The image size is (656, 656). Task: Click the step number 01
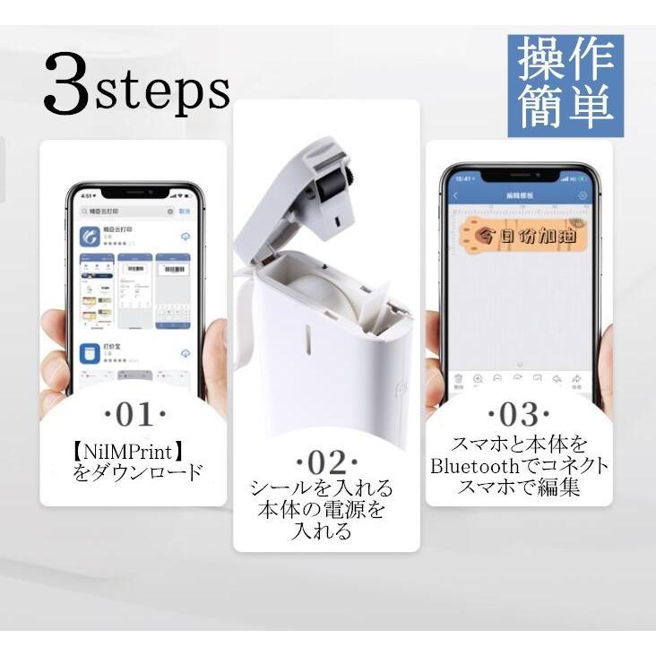134,414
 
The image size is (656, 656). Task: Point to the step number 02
326,462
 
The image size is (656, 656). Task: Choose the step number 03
518,415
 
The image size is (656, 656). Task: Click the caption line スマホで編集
518,488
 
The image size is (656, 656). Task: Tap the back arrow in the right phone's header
455,195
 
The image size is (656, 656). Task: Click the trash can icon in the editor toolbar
458,380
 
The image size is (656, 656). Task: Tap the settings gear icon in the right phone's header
583,195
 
